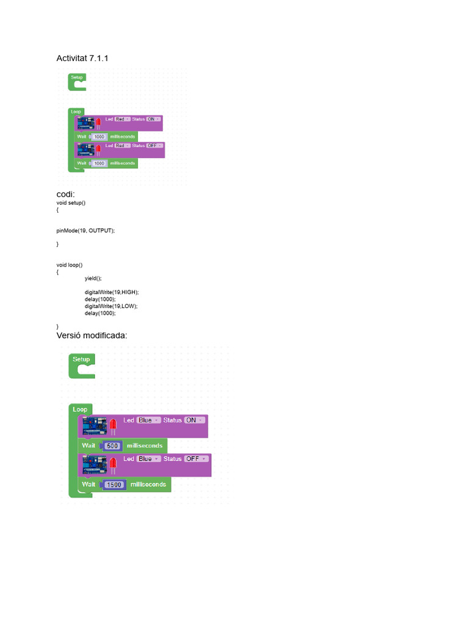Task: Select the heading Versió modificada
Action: pyautogui.click(x=92, y=336)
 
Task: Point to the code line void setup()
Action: pyautogui.click(x=71, y=202)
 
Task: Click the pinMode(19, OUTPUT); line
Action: pyautogui.click(x=85, y=230)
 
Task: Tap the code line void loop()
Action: pyautogui.click(x=69, y=265)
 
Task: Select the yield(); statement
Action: pyautogui.click(x=93, y=278)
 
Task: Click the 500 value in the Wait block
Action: pyautogui.click(x=112, y=446)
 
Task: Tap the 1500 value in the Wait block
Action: pyautogui.click(x=114, y=484)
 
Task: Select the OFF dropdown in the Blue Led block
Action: pyautogui.click(x=196, y=458)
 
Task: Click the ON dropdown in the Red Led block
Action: pyautogui.click(x=153, y=119)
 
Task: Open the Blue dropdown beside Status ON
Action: pyautogui.click(x=148, y=420)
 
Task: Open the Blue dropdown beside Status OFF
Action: pyautogui.click(x=148, y=458)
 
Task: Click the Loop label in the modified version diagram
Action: pyautogui.click(x=80, y=409)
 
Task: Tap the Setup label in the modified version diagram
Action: pyautogui.click(x=81, y=359)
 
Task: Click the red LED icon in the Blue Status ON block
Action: pyautogui.click(x=113, y=426)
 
